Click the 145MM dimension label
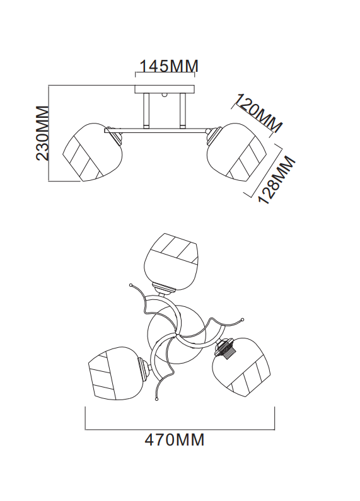(x=169, y=66)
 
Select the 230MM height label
(x=42, y=133)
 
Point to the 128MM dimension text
(x=277, y=180)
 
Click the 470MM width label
(x=175, y=440)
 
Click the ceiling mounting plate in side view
(x=165, y=89)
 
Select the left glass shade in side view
(x=92, y=152)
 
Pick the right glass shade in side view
(x=237, y=152)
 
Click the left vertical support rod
(x=147, y=110)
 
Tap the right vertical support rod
(x=183, y=110)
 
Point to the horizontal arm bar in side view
(x=156, y=130)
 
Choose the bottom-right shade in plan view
(x=242, y=367)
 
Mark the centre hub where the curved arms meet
(x=175, y=335)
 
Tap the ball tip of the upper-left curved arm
(x=131, y=284)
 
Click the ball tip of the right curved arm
(x=242, y=320)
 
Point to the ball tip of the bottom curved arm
(x=156, y=399)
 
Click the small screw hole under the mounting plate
(x=165, y=95)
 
